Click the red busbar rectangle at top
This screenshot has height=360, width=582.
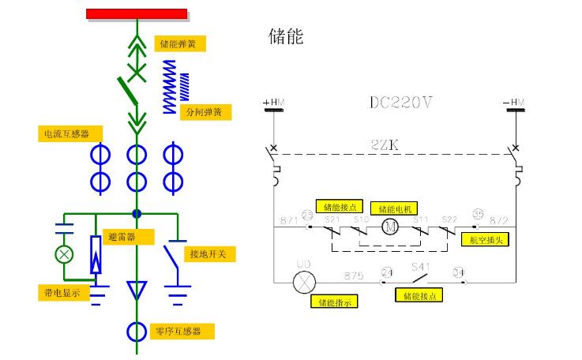[137, 13]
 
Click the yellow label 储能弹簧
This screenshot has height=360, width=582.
[179, 43]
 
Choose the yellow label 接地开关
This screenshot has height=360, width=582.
[208, 254]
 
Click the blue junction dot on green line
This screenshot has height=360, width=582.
[137, 213]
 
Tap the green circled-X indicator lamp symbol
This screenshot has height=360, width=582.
[62, 254]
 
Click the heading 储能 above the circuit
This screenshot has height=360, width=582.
[287, 36]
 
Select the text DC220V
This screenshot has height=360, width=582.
[401, 103]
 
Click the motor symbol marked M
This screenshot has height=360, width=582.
[390, 228]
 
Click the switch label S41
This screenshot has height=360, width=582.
[419, 268]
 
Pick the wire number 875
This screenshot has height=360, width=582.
[353, 276]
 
